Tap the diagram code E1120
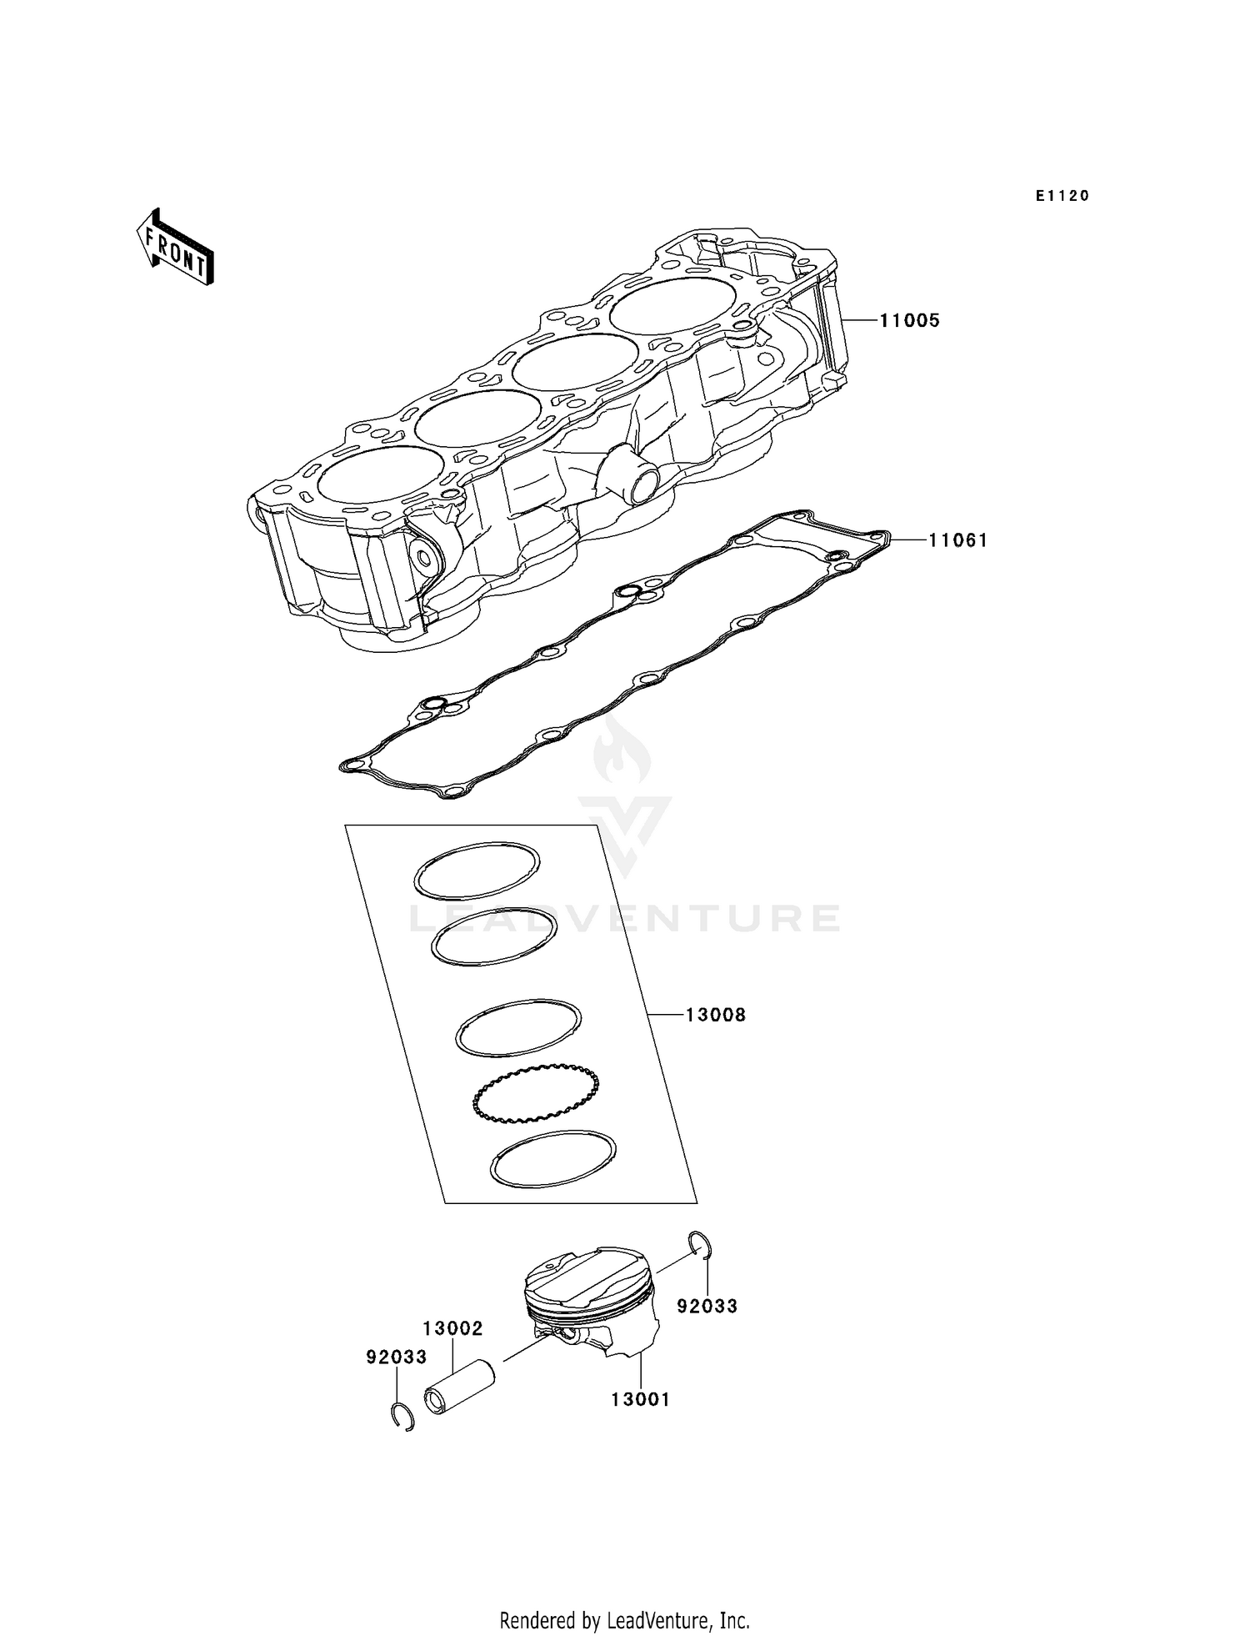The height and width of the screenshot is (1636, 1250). click(1062, 196)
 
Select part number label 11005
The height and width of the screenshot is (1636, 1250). click(909, 320)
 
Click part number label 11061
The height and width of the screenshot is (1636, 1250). click(958, 540)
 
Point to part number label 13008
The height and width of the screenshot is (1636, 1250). click(716, 1015)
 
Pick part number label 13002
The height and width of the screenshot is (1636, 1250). click(452, 1328)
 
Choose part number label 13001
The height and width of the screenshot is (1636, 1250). click(640, 1400)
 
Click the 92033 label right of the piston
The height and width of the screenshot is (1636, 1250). click(707, 1306)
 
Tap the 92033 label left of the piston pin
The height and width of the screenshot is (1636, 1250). click(397, 1357)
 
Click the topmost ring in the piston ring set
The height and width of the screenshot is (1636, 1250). click(477, 870)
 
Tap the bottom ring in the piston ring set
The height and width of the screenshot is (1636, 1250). click(553, 1158)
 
